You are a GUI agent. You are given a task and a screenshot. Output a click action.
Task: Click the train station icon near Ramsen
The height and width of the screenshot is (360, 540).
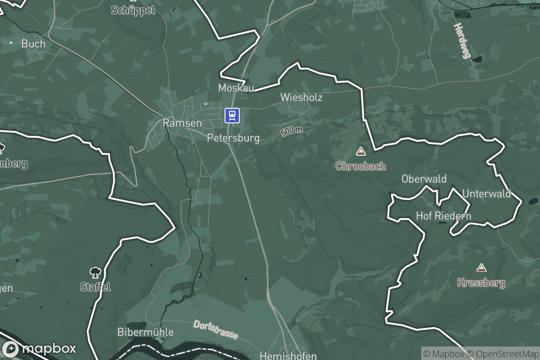coord(232,116)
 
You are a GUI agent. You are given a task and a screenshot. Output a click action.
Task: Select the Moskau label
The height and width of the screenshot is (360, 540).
coord(236,88)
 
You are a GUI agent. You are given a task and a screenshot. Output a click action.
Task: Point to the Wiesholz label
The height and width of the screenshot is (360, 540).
coord(301,97)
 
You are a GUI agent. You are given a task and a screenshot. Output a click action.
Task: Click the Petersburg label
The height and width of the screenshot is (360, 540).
coord(233,138)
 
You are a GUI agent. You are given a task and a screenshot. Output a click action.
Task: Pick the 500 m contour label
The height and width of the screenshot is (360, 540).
coord(292,131)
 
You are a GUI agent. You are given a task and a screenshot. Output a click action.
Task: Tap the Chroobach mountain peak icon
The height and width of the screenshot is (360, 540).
coord(360,151)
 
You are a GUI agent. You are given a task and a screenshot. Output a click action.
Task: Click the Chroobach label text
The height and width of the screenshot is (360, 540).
coord(361,166)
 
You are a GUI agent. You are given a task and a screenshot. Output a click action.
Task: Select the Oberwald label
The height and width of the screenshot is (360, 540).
coord(424,179)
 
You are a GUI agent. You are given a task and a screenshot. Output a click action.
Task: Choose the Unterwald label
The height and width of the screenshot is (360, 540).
coord(486,194)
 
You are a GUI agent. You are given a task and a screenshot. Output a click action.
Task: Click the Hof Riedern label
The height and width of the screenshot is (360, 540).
coord(443,216)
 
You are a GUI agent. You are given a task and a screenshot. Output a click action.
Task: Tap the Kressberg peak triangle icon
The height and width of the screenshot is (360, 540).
coord(481,268)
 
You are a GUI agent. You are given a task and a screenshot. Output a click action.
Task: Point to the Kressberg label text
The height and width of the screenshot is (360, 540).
coord(481,283)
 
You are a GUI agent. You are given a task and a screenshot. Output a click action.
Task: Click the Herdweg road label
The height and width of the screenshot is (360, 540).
coord(462,41)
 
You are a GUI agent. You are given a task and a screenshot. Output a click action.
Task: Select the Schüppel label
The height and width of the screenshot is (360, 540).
coord(133,10)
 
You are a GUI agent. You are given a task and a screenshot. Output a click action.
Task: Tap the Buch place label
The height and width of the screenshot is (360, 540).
coord(33,44)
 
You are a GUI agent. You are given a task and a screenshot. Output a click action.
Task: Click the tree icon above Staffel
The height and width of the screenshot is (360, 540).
coord(95,272)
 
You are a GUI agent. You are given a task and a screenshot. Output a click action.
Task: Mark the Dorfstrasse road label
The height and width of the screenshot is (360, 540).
coord(216,330)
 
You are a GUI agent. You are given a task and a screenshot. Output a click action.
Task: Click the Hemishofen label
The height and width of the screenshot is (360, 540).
coord(288,356)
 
